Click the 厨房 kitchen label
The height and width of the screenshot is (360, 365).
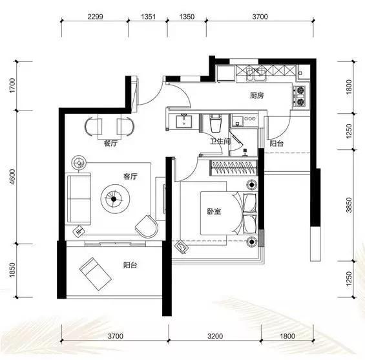[x=257, y=96]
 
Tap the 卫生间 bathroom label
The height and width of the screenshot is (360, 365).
[x=220, y=142]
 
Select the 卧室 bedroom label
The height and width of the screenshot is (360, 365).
[x=214, y=211]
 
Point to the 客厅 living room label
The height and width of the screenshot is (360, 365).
[x=130, y=176]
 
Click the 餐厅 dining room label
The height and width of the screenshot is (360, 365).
[x=110, y=143]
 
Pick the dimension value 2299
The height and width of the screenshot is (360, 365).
[x=95, y=17]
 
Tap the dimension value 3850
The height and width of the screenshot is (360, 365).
[x=349, y=205]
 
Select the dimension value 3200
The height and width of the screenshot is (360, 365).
[x=215, y=336]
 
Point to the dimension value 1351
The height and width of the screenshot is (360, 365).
[x=148, y=17]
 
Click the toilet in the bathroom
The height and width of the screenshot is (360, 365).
[x=216, y=123]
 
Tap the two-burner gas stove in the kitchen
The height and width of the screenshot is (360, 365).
[x=299, y=96]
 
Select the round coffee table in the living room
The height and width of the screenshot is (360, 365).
[x=115, y=199]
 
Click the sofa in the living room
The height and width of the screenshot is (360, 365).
[x=78, y=199]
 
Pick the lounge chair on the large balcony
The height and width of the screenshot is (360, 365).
[x=96, y=274]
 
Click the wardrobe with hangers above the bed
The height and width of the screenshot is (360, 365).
[x=233, y=167]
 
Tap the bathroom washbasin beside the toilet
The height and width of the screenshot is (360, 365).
[x=184, y=121]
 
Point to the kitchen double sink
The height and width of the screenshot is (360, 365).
[x=256, y=74]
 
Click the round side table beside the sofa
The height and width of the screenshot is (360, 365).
[x=79, y=163]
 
